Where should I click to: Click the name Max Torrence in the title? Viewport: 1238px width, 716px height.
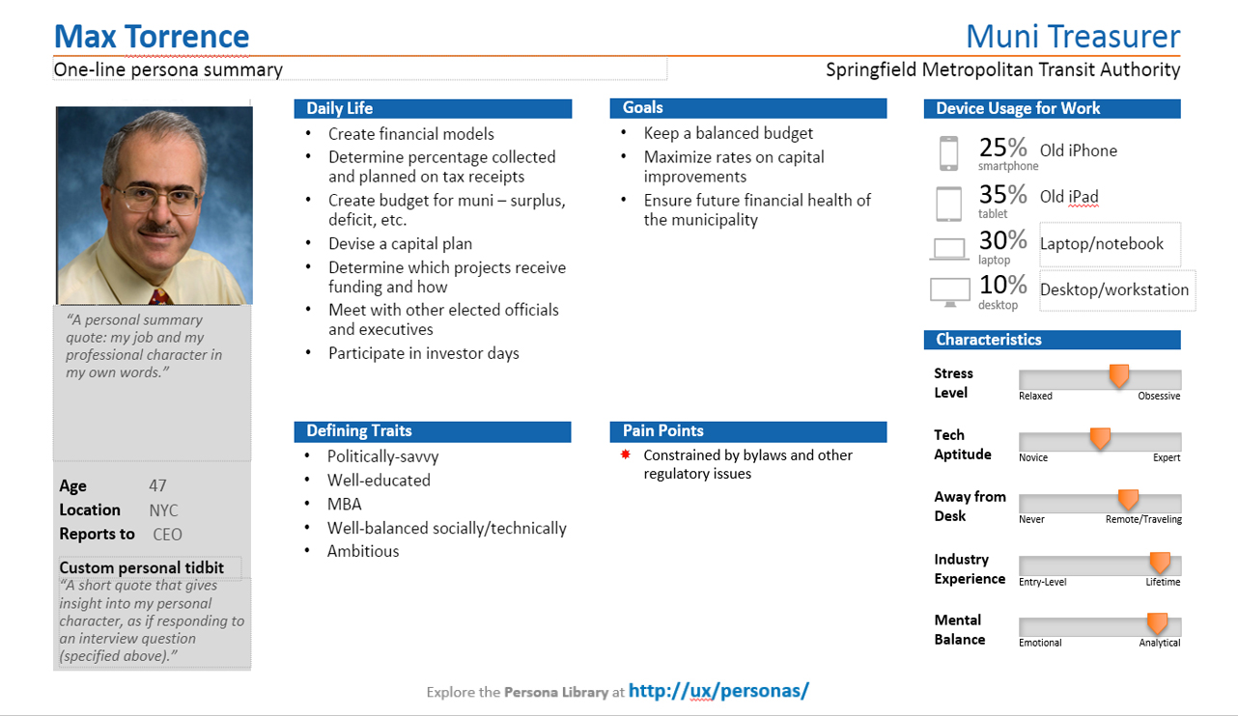pos(152,37)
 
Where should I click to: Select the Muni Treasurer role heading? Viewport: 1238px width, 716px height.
pos(1072,37)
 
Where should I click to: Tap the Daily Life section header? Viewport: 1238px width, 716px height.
pos(340,109)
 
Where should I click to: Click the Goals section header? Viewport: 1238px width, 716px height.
pos(643,108)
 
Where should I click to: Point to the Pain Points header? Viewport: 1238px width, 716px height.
pos(663,431)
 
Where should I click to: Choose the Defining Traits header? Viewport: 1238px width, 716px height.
pos(359,431)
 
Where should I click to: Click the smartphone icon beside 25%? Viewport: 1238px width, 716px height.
pos(948,153)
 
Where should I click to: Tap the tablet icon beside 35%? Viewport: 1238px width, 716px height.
pos(948,203)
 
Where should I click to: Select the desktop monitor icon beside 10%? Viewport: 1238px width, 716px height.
pos(948,290)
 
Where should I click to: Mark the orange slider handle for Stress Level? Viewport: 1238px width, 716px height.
pos(1119,375)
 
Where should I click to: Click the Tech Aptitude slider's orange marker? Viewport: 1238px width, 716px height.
pos(1100,438)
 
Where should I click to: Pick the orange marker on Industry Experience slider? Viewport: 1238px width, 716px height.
pos(1160,563)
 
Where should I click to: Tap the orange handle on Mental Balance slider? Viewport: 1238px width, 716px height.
pos(1156,623)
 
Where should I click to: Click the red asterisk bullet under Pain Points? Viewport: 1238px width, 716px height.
pos(625,454)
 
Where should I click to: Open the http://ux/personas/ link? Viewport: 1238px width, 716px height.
pos(718,691)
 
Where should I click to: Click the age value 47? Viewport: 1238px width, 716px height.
pos(157,486)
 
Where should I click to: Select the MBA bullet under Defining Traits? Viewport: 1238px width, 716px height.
pos(345,504)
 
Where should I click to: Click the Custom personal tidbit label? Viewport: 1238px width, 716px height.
pos(141,567)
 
